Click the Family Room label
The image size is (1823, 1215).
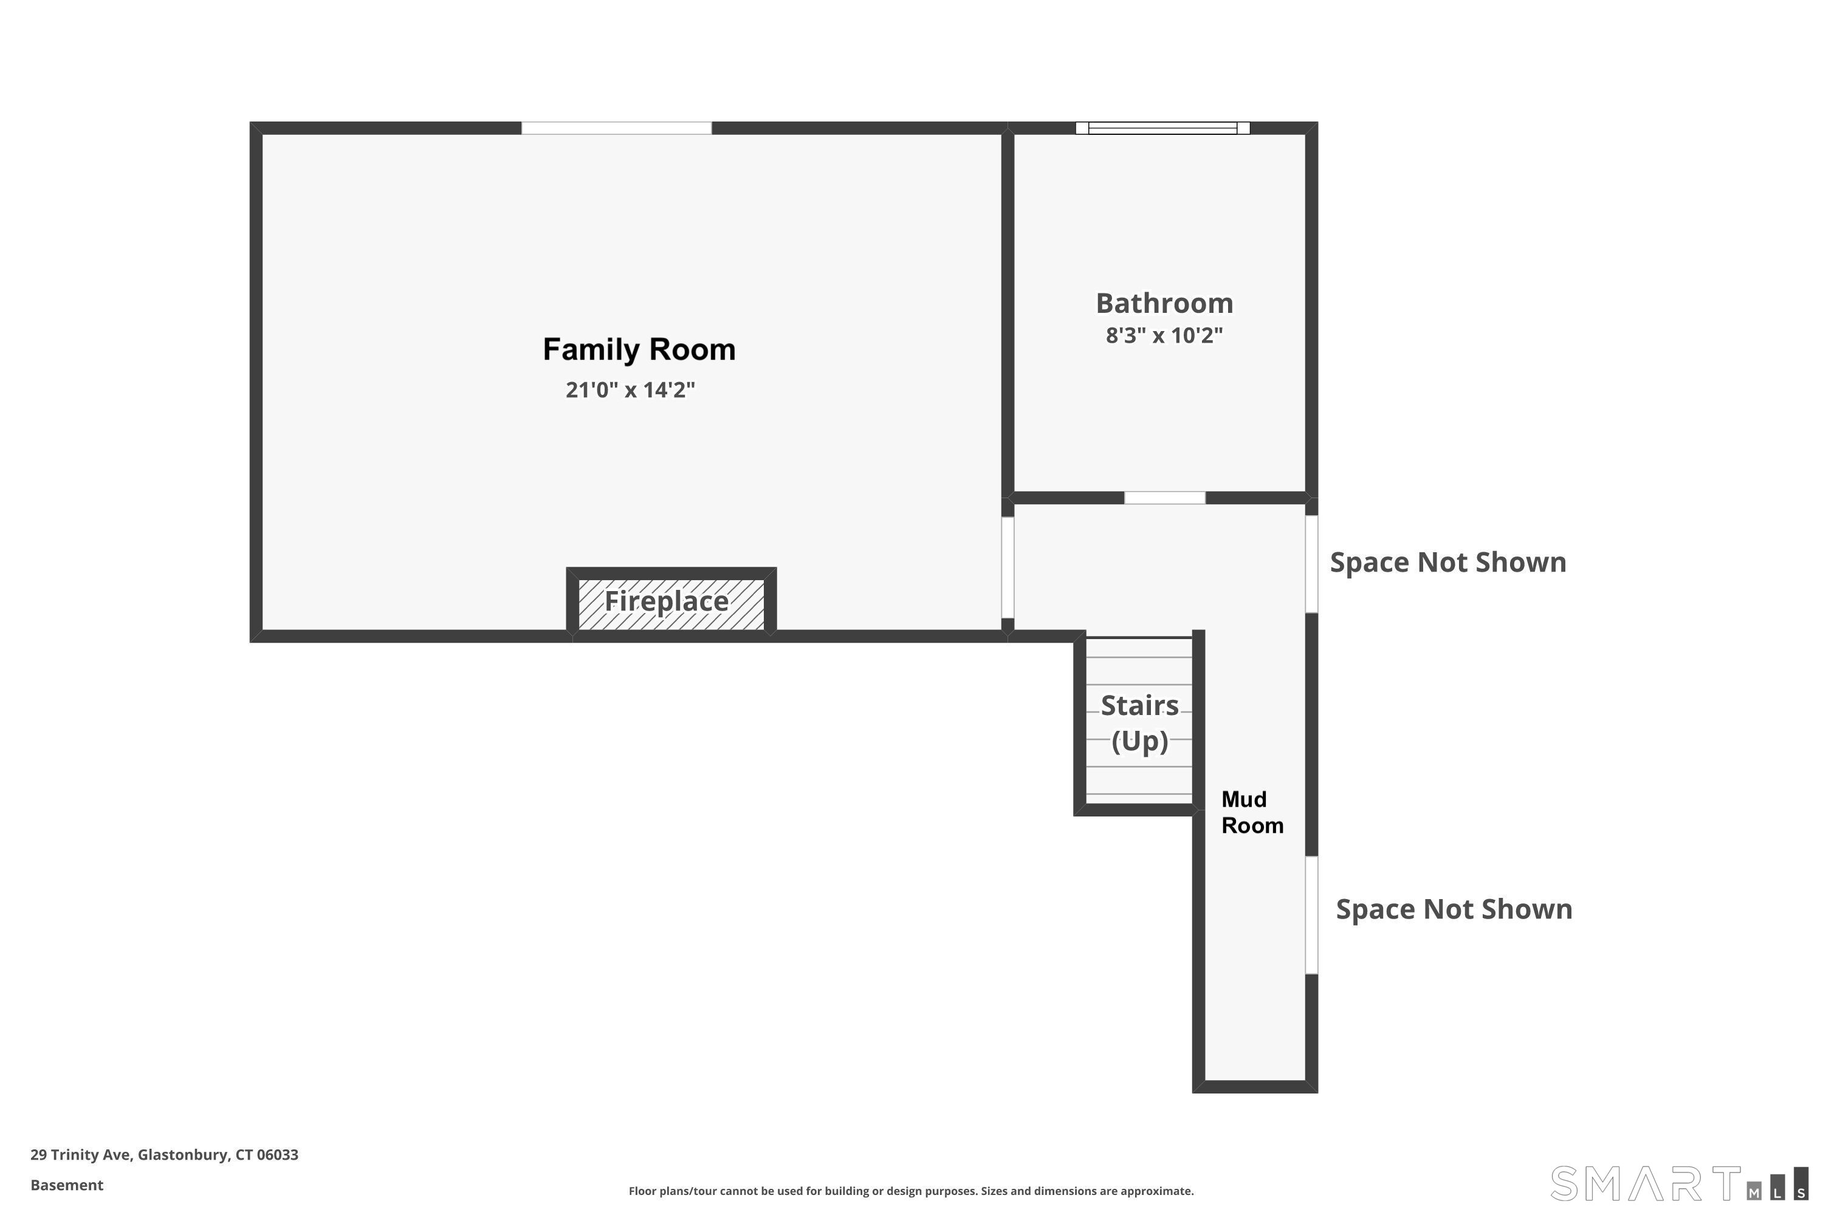[639, 349]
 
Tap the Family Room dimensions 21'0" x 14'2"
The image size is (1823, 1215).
[630, 390]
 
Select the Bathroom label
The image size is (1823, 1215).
[1164, 303]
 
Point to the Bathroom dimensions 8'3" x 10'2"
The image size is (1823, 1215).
[1164, 335]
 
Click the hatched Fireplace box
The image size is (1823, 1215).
[671, 604]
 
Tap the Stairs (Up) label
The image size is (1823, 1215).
[1139, 723]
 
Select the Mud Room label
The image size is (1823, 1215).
[1252, 812]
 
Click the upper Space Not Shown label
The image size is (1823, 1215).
[1448, 563]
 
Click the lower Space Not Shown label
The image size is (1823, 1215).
[1454, 909]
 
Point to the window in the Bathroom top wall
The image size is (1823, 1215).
[1162, 128]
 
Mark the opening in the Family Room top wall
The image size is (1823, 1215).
[616, 128]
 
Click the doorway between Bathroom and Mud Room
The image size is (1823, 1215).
[1165, 498]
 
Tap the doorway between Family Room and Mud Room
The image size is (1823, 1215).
[1008, 567]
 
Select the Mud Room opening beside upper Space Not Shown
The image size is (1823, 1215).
[1311, 564]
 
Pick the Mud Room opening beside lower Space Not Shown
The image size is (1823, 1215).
[1311, 915]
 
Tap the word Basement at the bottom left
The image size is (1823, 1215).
[67, 1185]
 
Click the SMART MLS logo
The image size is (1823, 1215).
[1678, 1183]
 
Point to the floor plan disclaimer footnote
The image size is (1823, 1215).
[911, 1191]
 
